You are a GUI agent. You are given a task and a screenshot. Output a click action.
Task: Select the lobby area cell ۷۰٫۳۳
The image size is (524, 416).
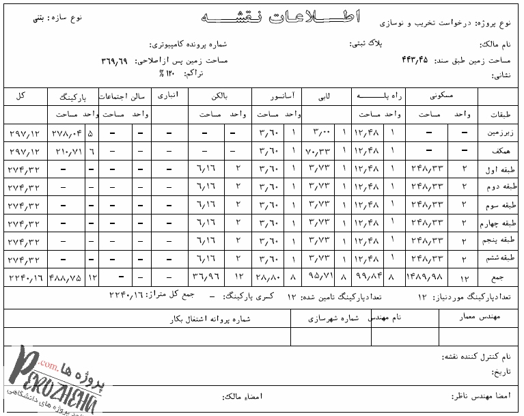[x=320, y=150]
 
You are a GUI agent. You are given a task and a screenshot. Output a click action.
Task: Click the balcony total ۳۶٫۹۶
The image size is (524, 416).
[x=205, y=277]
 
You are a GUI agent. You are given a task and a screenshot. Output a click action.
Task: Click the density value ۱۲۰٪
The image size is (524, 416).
[x=158, y=72]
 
